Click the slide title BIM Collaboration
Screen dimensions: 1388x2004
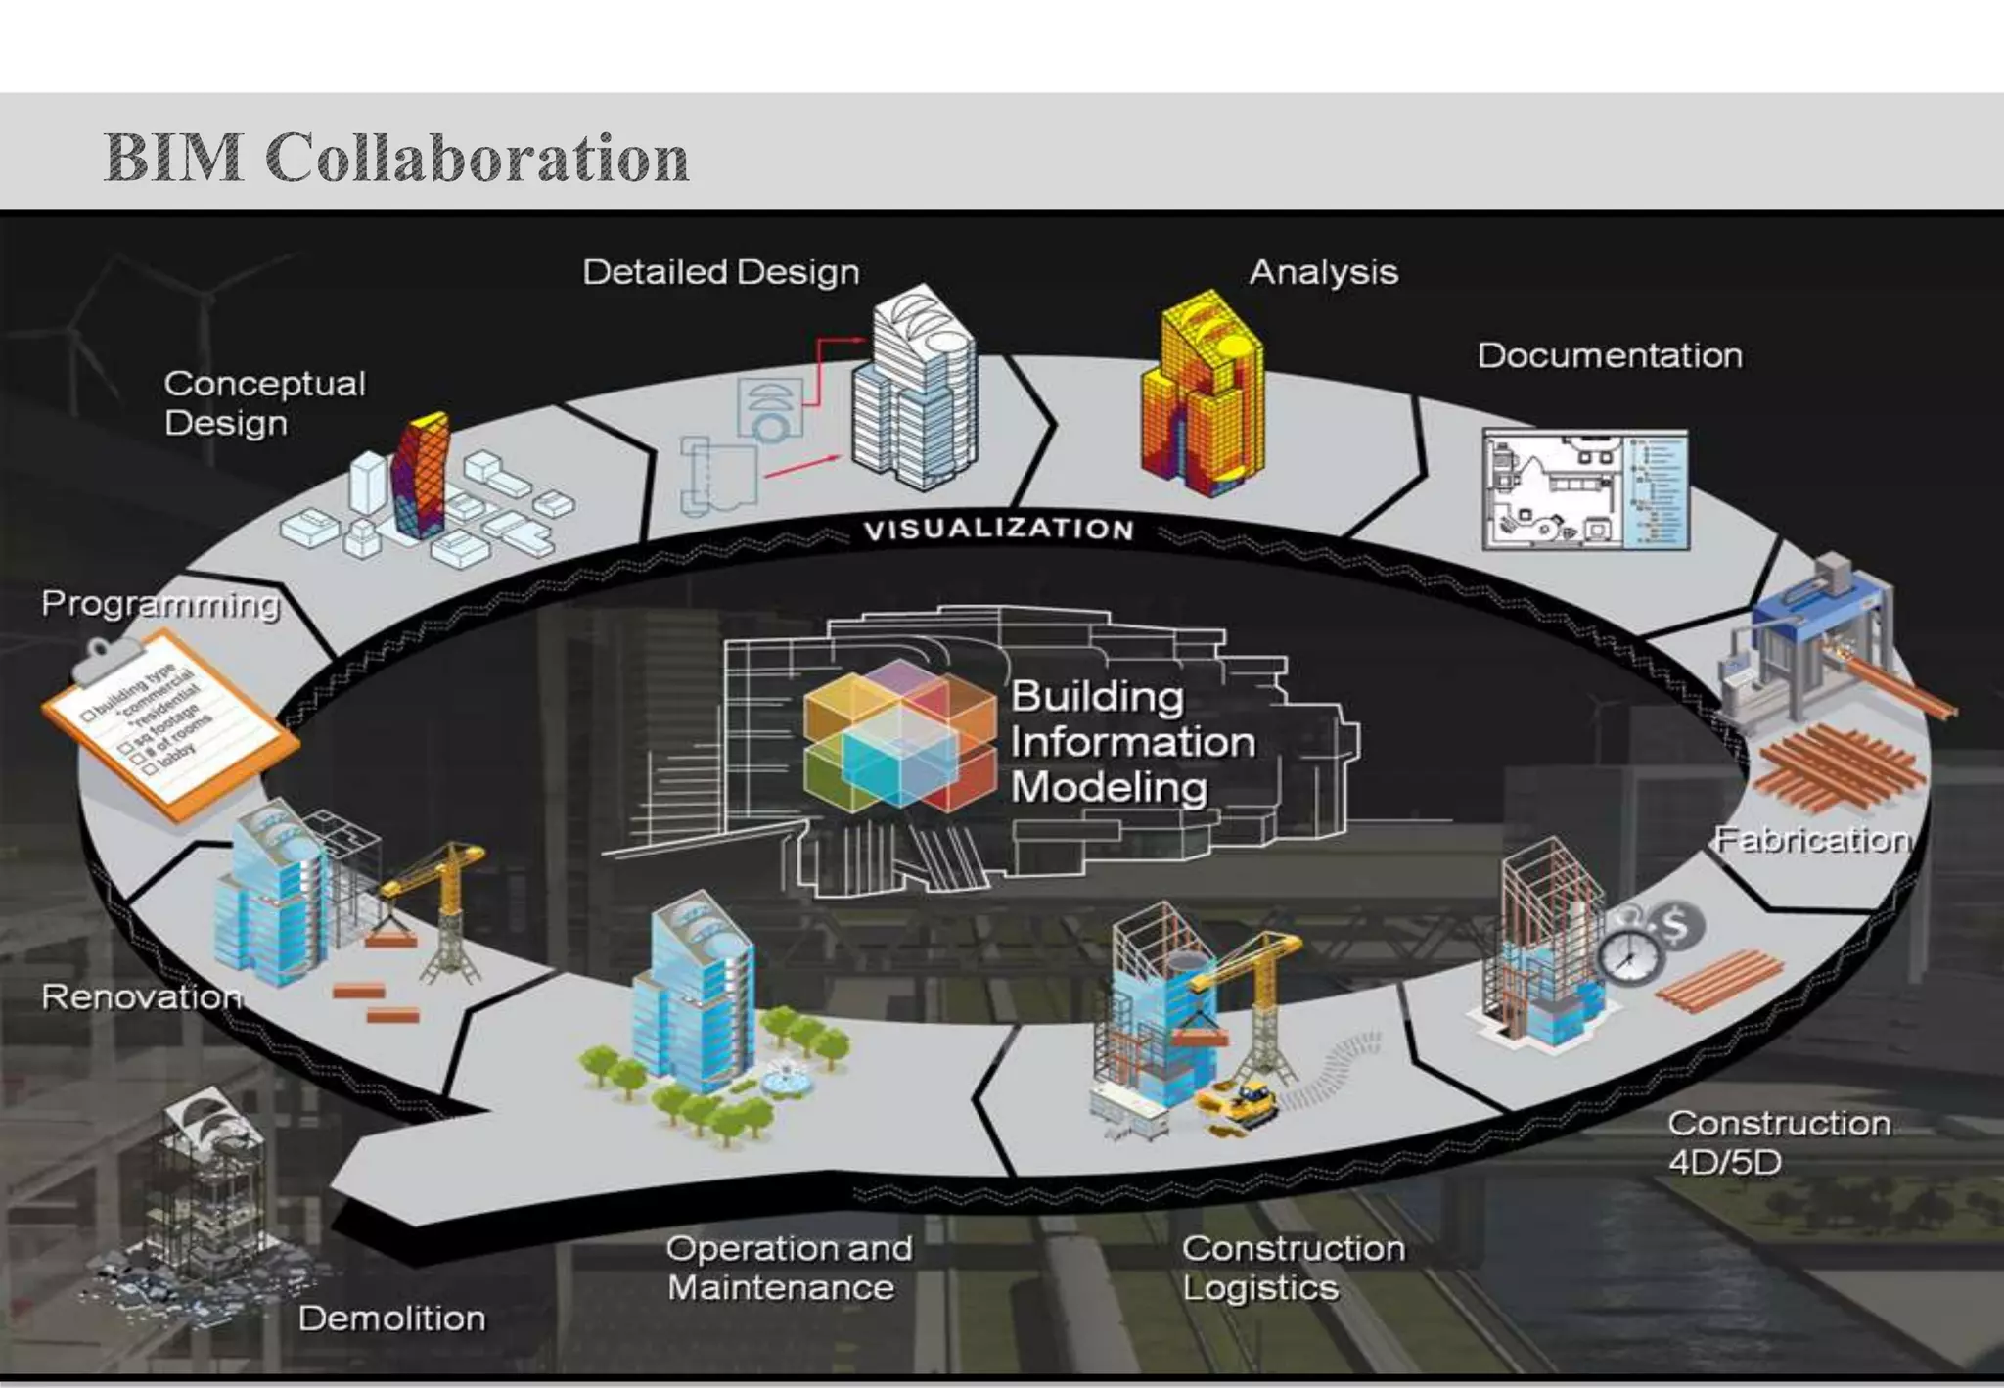396,158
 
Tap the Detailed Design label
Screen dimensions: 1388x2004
721,272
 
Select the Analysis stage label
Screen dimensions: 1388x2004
1323,272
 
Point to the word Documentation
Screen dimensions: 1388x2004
1610,355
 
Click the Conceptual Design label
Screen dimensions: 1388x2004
264,403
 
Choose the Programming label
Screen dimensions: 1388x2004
160,604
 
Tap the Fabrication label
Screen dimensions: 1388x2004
1812,840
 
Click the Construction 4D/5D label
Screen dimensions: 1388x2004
1778,1142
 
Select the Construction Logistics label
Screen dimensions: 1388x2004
1293,1268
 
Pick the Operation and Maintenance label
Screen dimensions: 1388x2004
789,1268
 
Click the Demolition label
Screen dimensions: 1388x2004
391,1319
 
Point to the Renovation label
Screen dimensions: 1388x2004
141,996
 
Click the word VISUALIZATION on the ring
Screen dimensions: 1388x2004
998,530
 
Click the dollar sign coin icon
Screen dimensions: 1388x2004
1674,924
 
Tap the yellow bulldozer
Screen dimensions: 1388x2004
1241,1103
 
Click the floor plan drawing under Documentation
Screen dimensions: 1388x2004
1585,489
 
